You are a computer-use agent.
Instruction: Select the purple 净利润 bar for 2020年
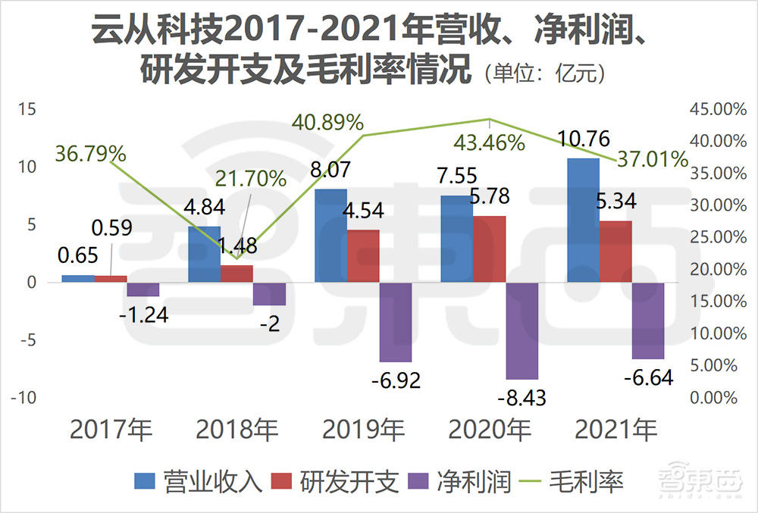point(522,330)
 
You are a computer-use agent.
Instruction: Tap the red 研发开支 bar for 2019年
point(364,255)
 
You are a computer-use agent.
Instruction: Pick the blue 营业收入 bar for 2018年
point(205,254)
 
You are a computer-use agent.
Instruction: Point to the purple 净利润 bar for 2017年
point(143,289)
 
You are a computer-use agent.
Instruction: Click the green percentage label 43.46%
point(489,142)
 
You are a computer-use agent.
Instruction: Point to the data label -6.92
point(396,379)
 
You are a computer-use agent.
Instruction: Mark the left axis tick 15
point(27,110)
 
